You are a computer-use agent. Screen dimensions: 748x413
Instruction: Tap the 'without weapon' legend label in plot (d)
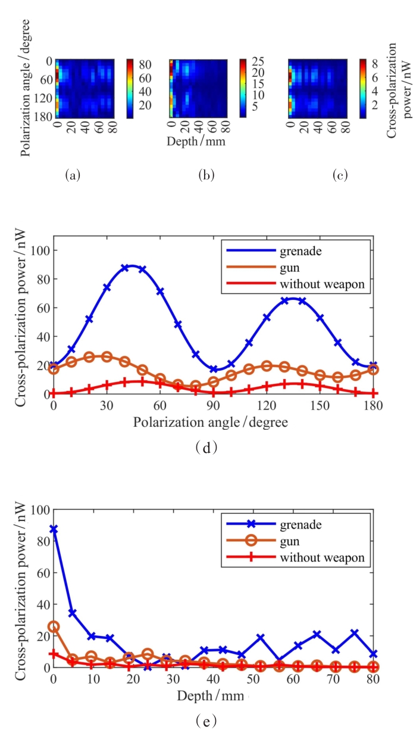pos(326,284)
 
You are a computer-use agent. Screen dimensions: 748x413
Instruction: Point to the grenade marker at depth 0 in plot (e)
pos(54,529)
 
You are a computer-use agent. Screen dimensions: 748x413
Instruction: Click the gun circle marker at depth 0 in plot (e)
pos(54,626)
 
